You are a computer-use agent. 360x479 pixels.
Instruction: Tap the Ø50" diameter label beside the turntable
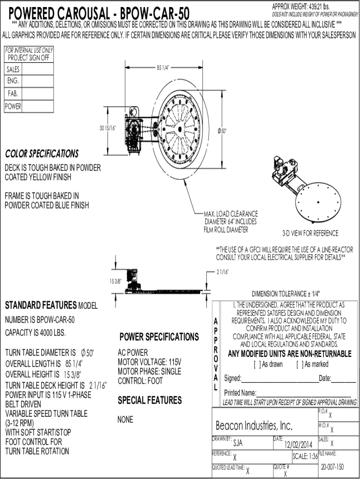pos(222,131)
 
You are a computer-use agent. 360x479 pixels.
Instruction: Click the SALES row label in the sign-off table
pos(13,69)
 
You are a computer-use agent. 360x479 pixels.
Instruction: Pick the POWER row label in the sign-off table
pos(13,106)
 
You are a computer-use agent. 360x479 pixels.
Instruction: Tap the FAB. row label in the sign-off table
pos(13,94)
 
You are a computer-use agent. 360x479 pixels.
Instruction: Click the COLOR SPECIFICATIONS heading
pos(42,154)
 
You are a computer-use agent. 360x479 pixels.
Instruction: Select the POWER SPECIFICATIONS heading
pos(159,337)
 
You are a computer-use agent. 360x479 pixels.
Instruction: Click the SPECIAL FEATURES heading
pos(150,400)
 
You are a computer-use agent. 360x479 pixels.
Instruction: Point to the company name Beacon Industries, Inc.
pos(254,426)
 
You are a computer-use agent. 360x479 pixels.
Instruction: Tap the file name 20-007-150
pos(332,467)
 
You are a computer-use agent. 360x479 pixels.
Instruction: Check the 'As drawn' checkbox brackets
pos(257,364)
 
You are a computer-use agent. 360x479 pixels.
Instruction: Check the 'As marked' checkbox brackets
pos(300,364)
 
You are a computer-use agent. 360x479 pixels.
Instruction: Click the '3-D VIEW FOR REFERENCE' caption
pos(310,233)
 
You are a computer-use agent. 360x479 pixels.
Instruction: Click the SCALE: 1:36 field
pos(305,457)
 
